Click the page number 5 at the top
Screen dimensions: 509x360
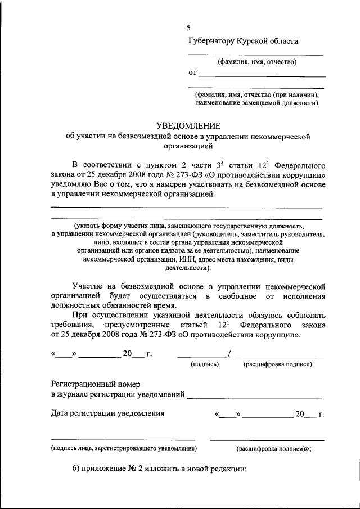(x=190, y=28)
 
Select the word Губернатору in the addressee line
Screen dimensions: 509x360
(x=212, y=40)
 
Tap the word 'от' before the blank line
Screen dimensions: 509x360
(x=192, y=72)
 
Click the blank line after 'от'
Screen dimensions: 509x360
(x=262, y=75)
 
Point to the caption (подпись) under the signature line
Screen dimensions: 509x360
(x=205, y=364)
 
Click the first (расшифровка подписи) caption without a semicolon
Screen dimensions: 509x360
(x=277, y=364)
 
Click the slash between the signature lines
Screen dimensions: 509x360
(x=229, y=353)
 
